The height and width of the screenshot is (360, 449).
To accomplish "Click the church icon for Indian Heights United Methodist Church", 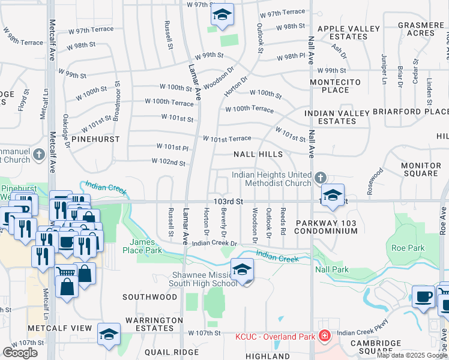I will (x=321, y=178).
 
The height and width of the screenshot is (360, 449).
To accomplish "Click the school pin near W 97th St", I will (x=222, y=16).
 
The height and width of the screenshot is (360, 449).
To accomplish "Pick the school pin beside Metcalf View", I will (x=109, y=334).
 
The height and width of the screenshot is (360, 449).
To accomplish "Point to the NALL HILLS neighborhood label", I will (x=258, y=154).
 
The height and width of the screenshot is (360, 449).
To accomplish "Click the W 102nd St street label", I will (x=168, y=163).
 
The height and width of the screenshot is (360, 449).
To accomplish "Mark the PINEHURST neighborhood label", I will (x=95, y=139).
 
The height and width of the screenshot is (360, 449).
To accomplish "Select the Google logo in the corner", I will (x=20, y=353).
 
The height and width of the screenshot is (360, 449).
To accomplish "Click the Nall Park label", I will (x=332, y=270).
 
